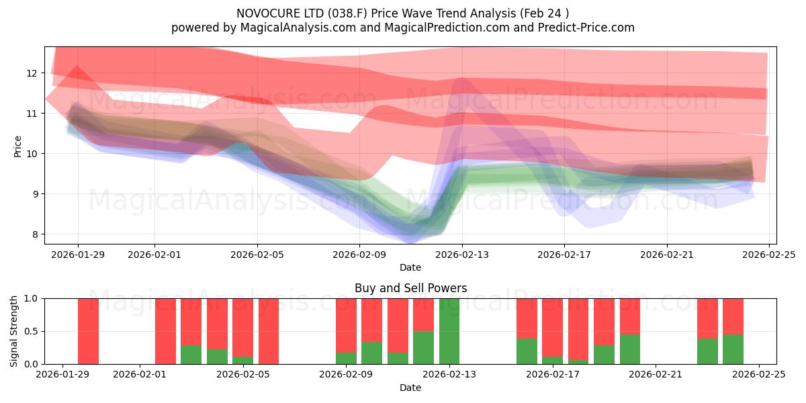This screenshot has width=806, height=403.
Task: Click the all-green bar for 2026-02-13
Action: point(449,331)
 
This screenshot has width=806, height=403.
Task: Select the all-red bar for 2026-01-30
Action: point(88,331)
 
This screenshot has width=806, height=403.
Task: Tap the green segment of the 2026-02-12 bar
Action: point(424,347)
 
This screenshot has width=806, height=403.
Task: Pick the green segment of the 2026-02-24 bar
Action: point(733,349)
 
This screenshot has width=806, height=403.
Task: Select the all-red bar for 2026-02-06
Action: point(269,331)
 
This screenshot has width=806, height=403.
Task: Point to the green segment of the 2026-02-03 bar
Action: point(191,355)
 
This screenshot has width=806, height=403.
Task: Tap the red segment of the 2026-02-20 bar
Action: point(630,316)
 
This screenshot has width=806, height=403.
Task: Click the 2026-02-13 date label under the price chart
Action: point(461,255)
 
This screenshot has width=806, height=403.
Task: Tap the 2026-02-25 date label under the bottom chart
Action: point(759,375)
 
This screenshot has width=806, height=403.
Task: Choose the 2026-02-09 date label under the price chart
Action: point(359,255)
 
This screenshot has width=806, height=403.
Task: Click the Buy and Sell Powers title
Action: point(410,288)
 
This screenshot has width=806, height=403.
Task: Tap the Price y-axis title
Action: point(18,146)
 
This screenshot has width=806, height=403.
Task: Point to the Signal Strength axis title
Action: point(13,331)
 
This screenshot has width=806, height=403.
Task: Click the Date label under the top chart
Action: point(410,267)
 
